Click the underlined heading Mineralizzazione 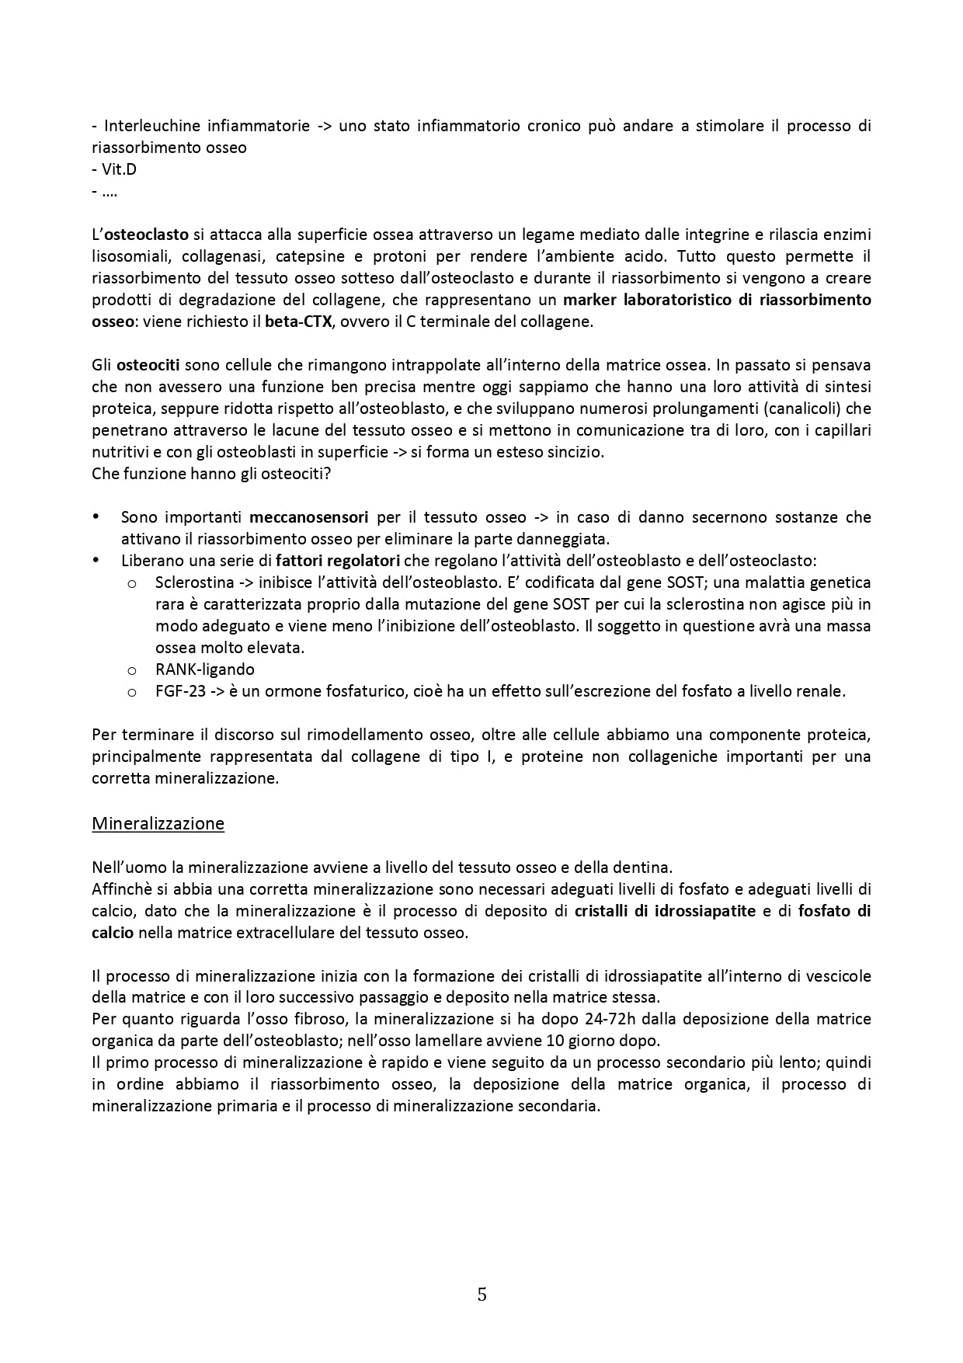point(158,823)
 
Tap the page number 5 point(481,1295)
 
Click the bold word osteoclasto point(146,235)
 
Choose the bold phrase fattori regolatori point(338,561)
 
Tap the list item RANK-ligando point(205,669)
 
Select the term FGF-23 point(180,691)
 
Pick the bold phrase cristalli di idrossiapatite point(665,911)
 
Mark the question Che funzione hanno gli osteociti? point(211,474)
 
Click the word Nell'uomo point(127,868)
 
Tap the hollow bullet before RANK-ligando point(132,670)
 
